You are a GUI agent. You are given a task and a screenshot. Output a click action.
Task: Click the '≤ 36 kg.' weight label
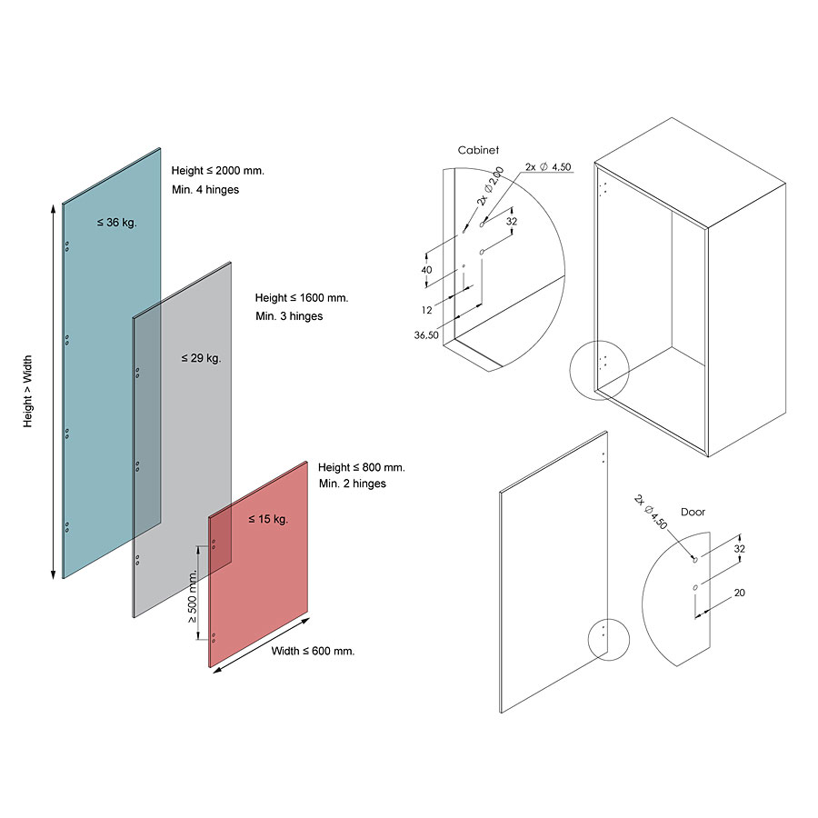pos(117,222)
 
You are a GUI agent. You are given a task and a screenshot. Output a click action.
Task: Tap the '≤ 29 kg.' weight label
pos(201,358)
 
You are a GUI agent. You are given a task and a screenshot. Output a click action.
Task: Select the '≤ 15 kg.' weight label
pos(268,520)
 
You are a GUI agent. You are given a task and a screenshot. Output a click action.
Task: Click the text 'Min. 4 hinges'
pos(205,190)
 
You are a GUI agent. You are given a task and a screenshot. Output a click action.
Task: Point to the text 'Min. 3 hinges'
pos(289,316)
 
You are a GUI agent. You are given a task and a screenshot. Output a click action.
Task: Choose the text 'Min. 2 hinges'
pos(353,484)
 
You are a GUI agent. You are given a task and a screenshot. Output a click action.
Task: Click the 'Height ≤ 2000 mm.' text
pos(217,171)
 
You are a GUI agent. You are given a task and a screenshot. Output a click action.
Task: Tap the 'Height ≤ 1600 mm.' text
pos(302,298)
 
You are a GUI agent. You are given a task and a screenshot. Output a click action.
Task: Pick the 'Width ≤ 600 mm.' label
pos(314,651)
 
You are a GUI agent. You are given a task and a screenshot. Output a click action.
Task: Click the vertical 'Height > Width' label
pos(28,392)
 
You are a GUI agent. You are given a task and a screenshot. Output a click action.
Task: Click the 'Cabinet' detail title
pos(478,151)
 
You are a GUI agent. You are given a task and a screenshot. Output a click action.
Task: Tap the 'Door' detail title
pos(693,513)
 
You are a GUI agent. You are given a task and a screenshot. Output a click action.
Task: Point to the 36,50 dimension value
pos(426,334)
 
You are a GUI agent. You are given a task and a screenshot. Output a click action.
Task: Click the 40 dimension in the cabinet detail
pos(427,269)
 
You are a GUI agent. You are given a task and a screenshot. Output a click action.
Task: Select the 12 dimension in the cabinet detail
pos(426,311)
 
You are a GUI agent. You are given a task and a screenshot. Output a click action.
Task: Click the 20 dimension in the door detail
pos(739,593)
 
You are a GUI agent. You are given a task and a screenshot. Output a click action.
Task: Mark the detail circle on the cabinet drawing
pos(599,369)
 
